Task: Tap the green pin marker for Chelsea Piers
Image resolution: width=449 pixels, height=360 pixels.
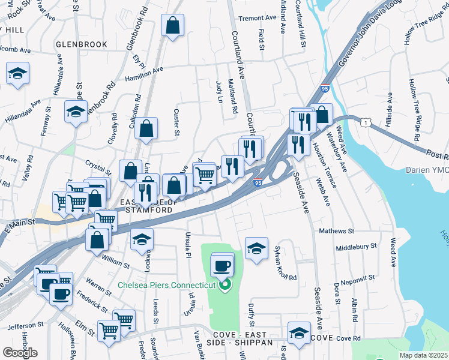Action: (x=225, y=284)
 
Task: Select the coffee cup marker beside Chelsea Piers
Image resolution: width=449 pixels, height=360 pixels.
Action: (x=222, y=265)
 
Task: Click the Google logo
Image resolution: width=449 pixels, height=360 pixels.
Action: (x=20, y=353)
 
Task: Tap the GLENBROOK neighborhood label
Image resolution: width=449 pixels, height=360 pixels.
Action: (x=81, y=44)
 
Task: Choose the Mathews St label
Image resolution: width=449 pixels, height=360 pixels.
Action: (x=337, y=230)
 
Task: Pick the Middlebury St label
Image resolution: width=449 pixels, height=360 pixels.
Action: (x=356, y=246)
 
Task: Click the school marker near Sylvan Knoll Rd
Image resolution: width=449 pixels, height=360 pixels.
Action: (x=256, y=248)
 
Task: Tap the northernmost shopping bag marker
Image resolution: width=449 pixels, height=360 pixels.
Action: (x=172, y=26)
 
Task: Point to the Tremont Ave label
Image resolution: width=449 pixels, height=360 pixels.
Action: (x=258, y=18)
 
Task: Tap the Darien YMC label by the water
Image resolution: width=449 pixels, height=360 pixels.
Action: (x=426, y=170)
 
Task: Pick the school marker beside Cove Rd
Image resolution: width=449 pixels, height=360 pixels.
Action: (x=299, y=334)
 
